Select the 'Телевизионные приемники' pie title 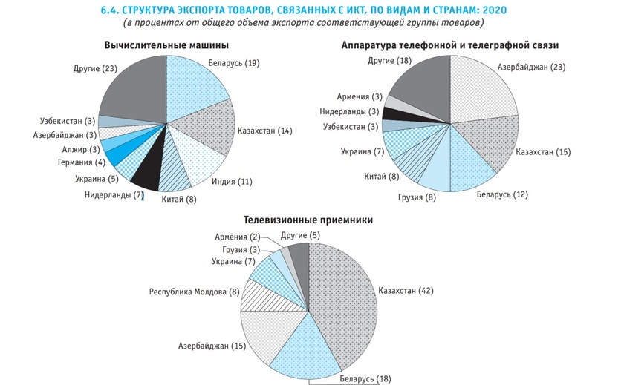point(308,220)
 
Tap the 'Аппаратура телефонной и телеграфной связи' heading point(450,46)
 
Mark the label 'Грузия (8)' point(422,197)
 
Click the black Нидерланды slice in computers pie point(146,172)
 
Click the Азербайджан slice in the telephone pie point(484,89)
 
